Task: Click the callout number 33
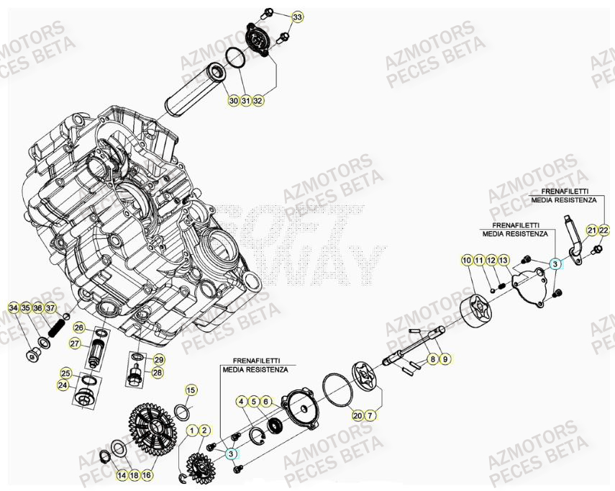[x=298, y=16]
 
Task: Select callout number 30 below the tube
[x=233, y=101]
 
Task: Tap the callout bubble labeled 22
[x=603, y=230]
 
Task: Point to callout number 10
[x=467, y=260]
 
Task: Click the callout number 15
[x=191, y=390]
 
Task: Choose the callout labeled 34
[x=13, y=308]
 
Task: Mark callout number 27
[x=74, y=344]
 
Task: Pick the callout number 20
[x=357, y=415]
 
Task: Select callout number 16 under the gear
[x=146, y=475]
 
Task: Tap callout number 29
[x=159, y=359]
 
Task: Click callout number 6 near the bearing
[x=265, y=402]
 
